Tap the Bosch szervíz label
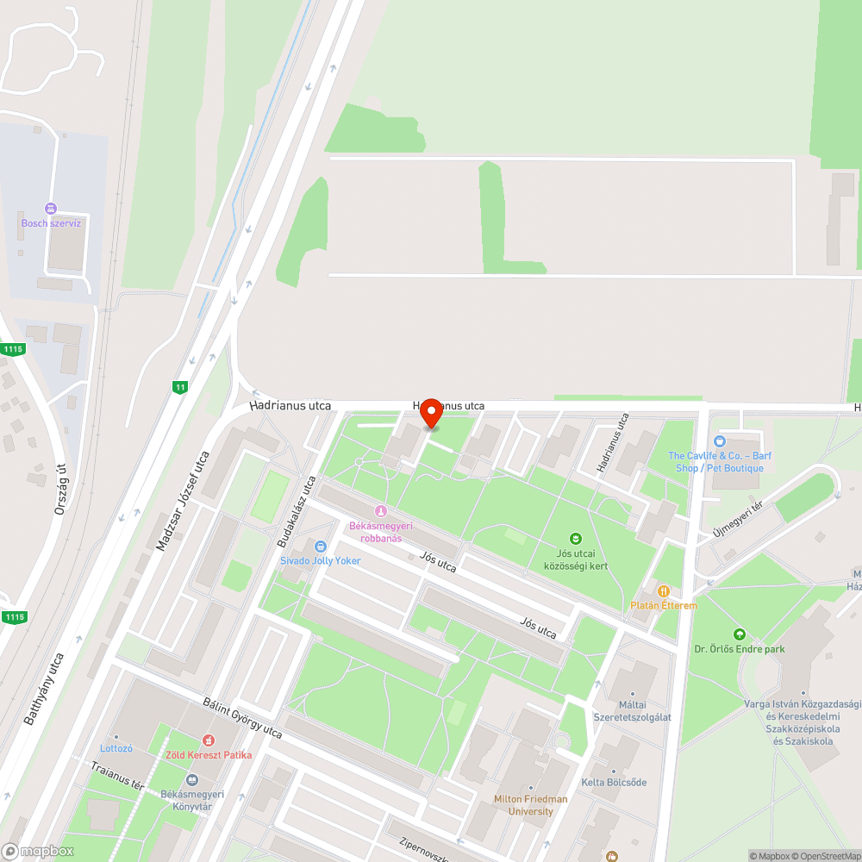pyautogui.click(x=51, y=223)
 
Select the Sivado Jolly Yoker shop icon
pyautogui.click(x=321, y=547)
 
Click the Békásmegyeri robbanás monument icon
pyautogui.click(x=380, y=512)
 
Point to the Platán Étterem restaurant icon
pyautogui.click(x=663, y=591)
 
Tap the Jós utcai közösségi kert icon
pyautogui.click(x=577, y=539)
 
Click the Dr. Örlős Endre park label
pyautogui.click(x=740, y=649)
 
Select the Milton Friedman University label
pyautogui.click(x=530, y=805)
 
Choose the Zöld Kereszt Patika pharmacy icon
pyautogui.click(x=208, y=740)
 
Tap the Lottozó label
pyautogui.click(x=116, y=748)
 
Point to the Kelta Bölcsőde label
pyautogui.click(x=614, y=783)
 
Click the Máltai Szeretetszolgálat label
pyautogui.click(x=633, y=711)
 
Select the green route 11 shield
pyautogui.click(x=179, y=387)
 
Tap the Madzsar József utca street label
pyautogui.click(x=183, y=501)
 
